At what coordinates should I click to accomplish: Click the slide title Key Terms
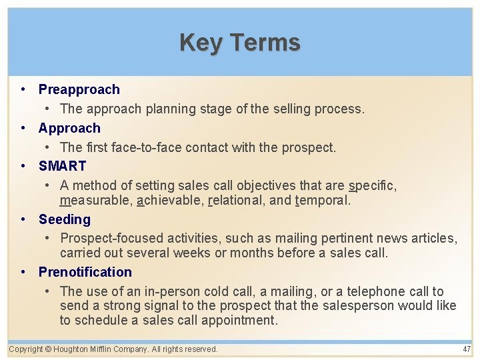[x=240, y=43]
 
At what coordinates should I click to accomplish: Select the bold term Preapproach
[x=79, y=89]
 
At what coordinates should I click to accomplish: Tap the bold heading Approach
[x=69, y=128]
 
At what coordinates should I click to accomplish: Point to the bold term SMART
[x=62, y=166]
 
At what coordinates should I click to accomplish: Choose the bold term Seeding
[x=64, y=219]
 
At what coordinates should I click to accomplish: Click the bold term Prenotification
[x=85, y=272]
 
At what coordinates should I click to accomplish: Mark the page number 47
[x=466, y=349]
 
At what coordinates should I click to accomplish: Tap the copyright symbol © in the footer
[x=49, y=349]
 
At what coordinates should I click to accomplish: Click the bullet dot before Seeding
[x=23, y=219]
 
